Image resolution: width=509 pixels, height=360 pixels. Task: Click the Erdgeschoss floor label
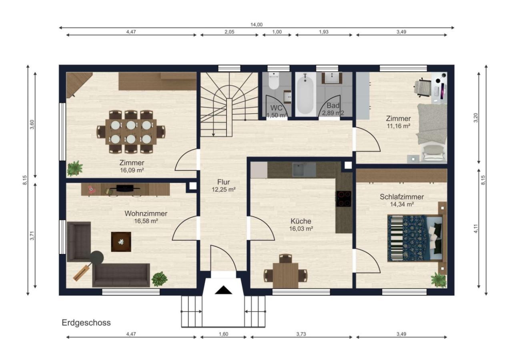[86, 322]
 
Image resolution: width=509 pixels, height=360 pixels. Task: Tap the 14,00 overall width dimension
[257, 25]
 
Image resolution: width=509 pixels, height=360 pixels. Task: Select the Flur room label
[224, 182]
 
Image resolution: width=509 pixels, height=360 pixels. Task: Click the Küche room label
[301, 221]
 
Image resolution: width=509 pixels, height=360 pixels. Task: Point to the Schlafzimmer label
[402, 197]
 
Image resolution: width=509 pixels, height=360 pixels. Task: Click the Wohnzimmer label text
[146, 214]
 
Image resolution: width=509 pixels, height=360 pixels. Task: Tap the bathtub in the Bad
[305, 94]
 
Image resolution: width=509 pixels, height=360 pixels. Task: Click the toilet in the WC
[274, 81]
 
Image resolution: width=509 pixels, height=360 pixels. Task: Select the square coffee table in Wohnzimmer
[121, 242]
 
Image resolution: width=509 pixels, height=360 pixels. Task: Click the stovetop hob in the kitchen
[343, 199]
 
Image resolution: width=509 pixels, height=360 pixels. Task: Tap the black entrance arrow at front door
[224, 290]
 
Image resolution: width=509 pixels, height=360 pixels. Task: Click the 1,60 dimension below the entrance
[224, 334]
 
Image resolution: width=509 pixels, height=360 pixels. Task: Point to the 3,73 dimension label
[301, 334]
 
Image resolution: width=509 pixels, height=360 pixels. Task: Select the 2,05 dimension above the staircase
[230, 32]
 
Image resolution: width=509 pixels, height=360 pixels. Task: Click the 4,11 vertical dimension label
[476, 228]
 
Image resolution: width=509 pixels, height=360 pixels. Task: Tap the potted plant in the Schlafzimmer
[438, 280]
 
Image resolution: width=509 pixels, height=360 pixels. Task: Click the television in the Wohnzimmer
[125, 188]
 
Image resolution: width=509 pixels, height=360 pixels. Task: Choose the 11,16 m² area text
[399, 126]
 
